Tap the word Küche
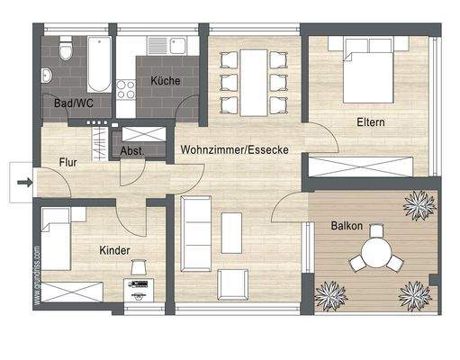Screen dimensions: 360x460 click(165, 81)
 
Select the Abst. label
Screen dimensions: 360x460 click(131, 151)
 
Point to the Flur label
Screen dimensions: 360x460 click(68, 163)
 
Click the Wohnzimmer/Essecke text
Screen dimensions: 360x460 click(233, 150)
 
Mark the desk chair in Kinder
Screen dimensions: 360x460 click(137, 267)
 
